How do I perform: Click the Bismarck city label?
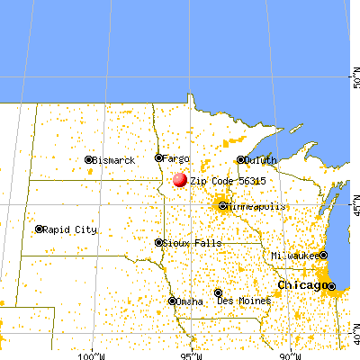tap(114, 160)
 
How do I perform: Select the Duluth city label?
tap(261, 160)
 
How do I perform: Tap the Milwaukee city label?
tap(295, 256)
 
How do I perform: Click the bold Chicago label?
tap(301, 285)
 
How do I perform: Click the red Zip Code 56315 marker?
tap(180, 180)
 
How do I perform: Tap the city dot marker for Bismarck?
tap(88, 160)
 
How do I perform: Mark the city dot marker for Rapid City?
tap(39, 229)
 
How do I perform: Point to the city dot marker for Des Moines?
tap(218, 292)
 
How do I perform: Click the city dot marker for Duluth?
tap(240, 160)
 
